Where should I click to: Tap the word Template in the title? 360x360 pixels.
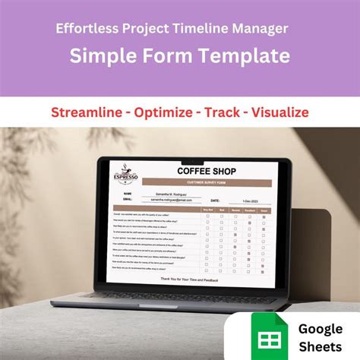point(247,55)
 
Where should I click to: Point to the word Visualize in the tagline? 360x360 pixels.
point(270,112)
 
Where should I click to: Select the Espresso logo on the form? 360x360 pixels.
point(126,178)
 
